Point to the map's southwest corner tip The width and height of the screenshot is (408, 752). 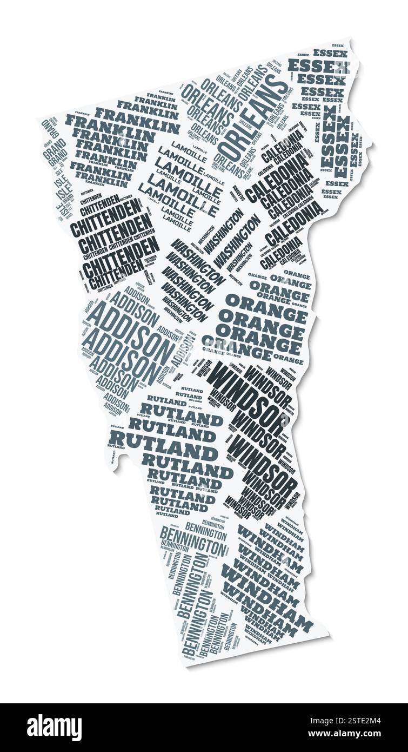click(186, 664)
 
